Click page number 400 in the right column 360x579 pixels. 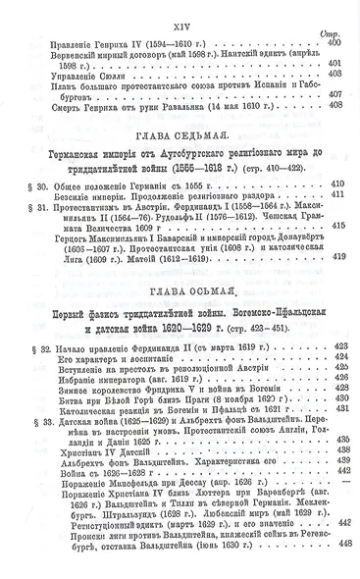pyautogui.click(x=336, y=44)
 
